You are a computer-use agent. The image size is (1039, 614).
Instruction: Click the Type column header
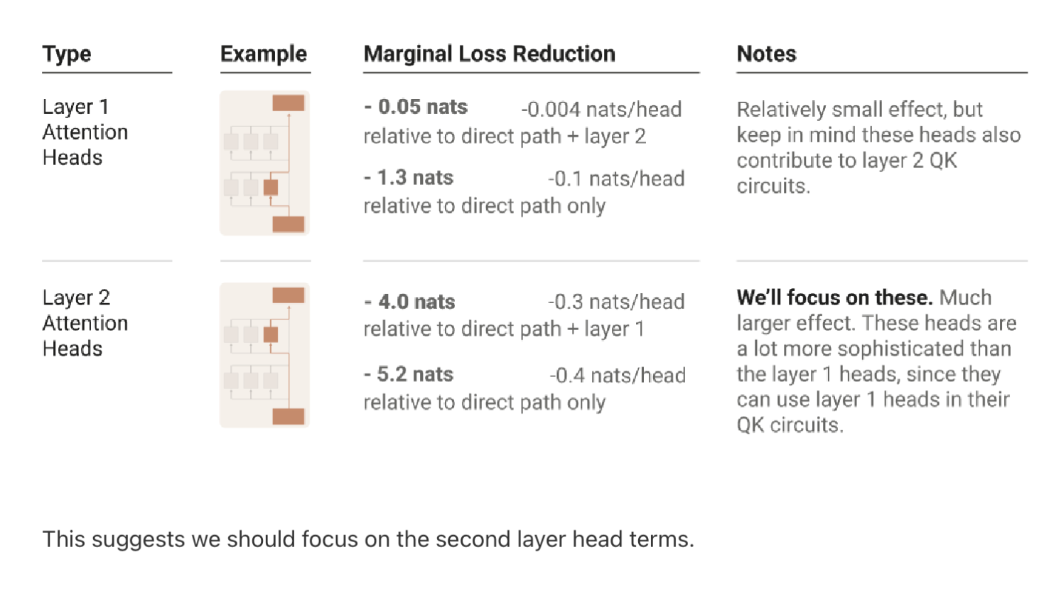pyautogui.click(x=67, y=54)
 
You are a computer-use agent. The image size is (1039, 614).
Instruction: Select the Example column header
pyautogui.click(x=264, y=54)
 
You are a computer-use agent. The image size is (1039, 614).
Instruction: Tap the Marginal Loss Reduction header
pyautogui.click(x=489, y=54)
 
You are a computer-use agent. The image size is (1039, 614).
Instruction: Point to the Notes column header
pyautogui.click(x=766, y=54)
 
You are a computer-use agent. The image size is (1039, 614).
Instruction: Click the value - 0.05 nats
pyautogui.click(x=416, y=107)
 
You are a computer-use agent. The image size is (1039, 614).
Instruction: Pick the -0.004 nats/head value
pyautogui.click(x=601, y=110)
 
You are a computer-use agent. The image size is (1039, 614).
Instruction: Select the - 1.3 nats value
pyautogui.click(x=409, y=178)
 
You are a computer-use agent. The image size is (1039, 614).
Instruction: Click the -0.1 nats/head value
pyautogui.click(x=616, y=179)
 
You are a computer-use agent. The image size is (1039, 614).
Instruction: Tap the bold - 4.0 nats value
pyautogui.click(x=410, y=302)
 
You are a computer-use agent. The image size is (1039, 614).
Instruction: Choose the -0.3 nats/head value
pyautogui.click(x=616, y=302)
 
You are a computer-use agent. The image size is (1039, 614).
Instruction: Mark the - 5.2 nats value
pyautogui.click(x=409, y=375)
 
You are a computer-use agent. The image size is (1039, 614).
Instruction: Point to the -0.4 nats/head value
pyautogui.click(x=617, y=376)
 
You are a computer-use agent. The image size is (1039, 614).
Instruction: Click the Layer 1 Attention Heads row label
pyautogui.click(x=85, y=132)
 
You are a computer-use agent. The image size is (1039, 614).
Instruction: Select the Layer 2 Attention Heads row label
pyautogui.click(x=85, y=323)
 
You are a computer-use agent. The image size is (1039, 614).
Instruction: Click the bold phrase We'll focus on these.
pyautogui.click(x=834, y=297)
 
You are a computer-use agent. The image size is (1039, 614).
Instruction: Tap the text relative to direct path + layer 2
pyautogui.click(x=505, y=136)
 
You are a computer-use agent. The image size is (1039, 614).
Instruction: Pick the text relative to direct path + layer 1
pyautogui.click(x=504, y=329)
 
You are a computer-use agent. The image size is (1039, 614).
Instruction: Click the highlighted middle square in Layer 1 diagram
pyautogui.click(x=271, y=188)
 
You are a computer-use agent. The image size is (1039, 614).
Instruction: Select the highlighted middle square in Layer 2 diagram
pyautogui.click(x=271, y=334)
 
